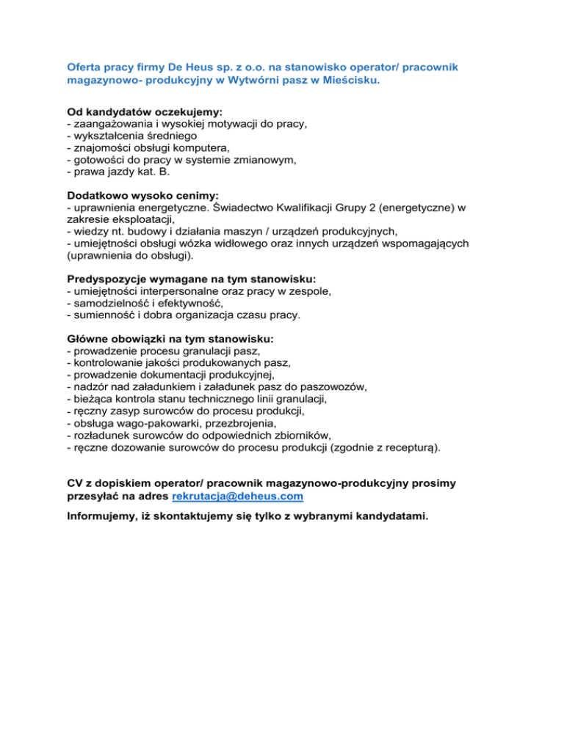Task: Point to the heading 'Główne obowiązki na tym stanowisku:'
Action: pyautogui.click(x=170, y=340)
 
